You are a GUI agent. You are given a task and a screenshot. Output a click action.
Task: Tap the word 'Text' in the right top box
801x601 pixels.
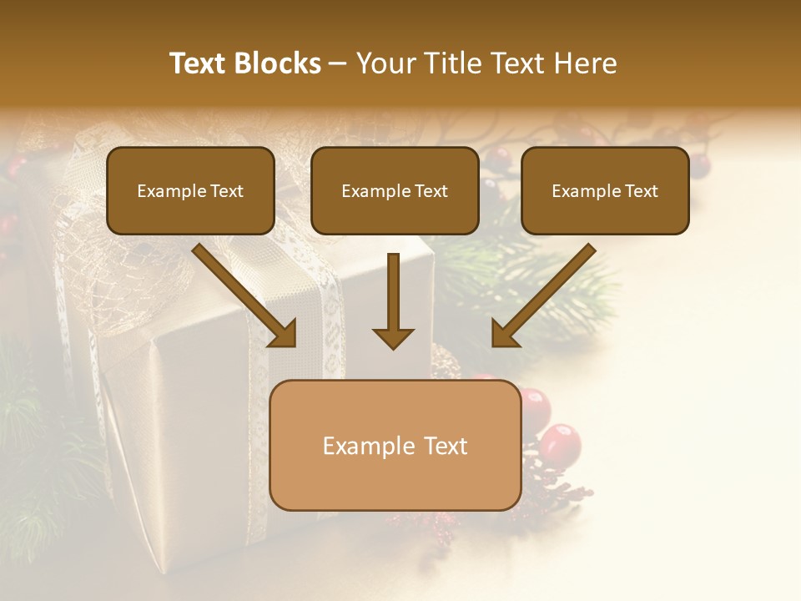click(641, 191)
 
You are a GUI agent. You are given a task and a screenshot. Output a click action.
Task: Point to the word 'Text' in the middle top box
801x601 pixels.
click(431, 191)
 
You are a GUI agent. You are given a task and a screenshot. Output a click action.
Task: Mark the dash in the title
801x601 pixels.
click(338, 63)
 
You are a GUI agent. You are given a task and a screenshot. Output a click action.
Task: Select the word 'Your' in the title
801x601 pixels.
click(381, 63)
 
